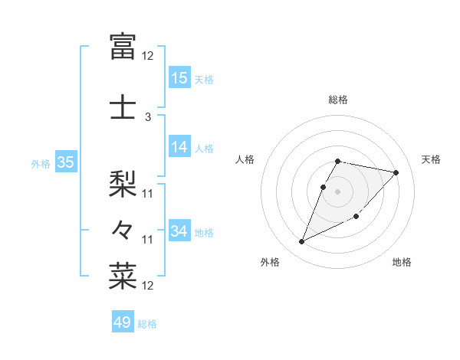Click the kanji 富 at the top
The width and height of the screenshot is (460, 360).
pos(123,46)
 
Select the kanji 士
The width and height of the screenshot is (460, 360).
pos(123,106)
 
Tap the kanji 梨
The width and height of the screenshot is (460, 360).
pos(123,182)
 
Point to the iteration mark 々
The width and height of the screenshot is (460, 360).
pos(123,229)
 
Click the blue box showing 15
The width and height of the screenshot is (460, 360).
pos(179,78)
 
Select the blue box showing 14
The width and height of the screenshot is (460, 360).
pos(179,147)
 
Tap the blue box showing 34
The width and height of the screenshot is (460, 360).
pos(179,231)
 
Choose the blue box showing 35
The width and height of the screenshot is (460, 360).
pos(65,162)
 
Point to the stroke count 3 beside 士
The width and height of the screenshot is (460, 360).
pos(147,117)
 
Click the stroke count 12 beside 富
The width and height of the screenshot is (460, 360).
pos(147,56)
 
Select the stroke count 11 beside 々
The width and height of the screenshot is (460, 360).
pos(147,240)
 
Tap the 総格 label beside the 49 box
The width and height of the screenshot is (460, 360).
pos(147,324)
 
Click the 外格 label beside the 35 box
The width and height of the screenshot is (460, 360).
pos(41,163)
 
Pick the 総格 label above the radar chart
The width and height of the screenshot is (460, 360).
pos(338,100)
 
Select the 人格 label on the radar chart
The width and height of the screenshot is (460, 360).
pos(245,159)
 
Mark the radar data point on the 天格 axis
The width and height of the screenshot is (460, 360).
pos(396,172)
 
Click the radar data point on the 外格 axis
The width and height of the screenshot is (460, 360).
pos(301,242)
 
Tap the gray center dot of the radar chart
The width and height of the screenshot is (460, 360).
pos(338,191)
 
